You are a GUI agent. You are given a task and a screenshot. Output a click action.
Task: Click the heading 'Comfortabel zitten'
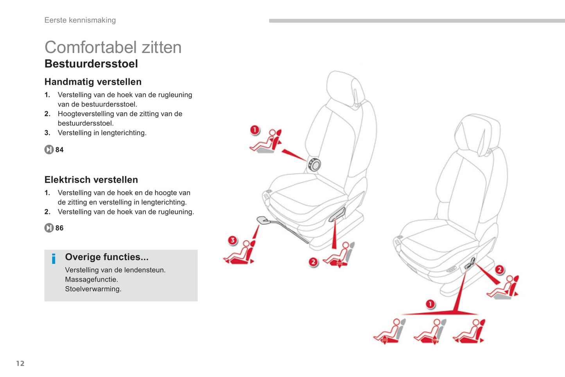pyautogui.click(x=113, y=47)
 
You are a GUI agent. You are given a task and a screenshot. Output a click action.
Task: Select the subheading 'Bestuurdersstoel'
pyautogui.click(x=91, y=64)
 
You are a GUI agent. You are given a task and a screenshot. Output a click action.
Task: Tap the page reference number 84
pyautogui.click(x=59, y=150)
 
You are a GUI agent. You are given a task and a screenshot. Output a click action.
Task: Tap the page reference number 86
pyautogui.click(x=59, y=228)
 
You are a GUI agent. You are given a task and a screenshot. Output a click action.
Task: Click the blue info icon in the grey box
pyautogui.click(x=54, y=259)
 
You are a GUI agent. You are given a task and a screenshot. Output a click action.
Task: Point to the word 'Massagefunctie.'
pyautogui.click(x=91, y=279)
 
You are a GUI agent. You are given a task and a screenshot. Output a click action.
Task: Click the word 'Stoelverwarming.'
pyautogui.click(x=93, y=289)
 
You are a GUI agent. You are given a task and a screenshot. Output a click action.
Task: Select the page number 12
pyautogui.click(x=20, y=363)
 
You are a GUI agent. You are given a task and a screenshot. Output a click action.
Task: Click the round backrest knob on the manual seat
pyautogui.click(x=314, y=165)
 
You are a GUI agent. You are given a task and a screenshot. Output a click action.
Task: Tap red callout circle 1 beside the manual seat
pyautogui.click(x=255, y=130)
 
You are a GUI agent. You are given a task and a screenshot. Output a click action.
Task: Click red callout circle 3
pyautogui.click(x=233, y=240)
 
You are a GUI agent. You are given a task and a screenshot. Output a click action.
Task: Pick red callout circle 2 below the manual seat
pyautogui.click(x=313, y=262)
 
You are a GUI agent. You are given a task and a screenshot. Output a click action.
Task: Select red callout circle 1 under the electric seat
pyautogui.click(x=430, y=304)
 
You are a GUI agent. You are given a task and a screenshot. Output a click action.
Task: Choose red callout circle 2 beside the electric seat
pyautogui.click(x=499, y=270)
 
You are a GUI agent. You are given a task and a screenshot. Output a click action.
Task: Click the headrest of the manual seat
pyautogui.click(x=345, y=88)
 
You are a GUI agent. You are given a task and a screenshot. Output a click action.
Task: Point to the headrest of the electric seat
pyautogui.click(x=477, y=134)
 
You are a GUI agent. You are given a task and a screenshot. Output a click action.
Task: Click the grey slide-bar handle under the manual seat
pyautogui.click(x=264, y=220)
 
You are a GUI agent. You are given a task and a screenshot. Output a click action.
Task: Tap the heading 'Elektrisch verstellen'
pyautogui.click(x=91, y=180)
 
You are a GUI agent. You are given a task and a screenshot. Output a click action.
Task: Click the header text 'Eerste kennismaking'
pyautogui.click(x=80, y=20)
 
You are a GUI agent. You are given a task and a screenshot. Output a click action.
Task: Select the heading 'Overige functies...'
pyautogui.click(x=107, y=257)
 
